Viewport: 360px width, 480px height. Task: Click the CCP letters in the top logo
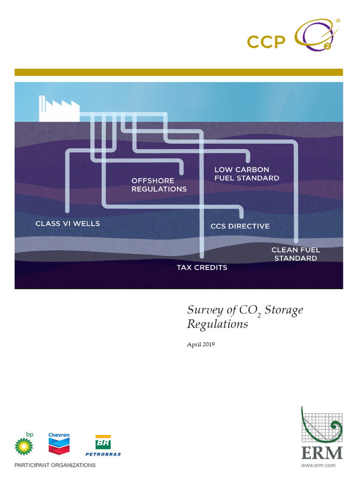click(x=266, y=42)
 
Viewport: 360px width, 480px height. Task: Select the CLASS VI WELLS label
click(x=67, y=224)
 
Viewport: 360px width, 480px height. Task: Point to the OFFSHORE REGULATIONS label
click(x=159, y=185)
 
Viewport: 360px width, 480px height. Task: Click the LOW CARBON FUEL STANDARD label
click(x=247, y=173)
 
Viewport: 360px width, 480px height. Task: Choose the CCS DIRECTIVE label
click(x=240, y=226)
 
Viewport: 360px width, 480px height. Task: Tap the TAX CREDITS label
click(x=202, y=267)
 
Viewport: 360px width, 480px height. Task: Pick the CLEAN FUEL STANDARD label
click(x=296, y=254)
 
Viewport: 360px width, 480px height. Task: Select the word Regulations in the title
click(x=217, y=324)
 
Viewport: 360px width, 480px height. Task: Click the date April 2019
click(x=201, y=345)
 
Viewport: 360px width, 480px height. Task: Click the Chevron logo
click(x=59, y=442)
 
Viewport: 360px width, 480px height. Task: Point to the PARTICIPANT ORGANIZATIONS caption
click(x=55, y=465)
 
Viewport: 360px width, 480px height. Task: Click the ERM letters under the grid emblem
click(x=322, y=453)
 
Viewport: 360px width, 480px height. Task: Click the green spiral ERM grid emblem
click(x=322, y=425)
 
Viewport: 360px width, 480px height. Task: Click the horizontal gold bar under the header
click(x=179, y=72)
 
